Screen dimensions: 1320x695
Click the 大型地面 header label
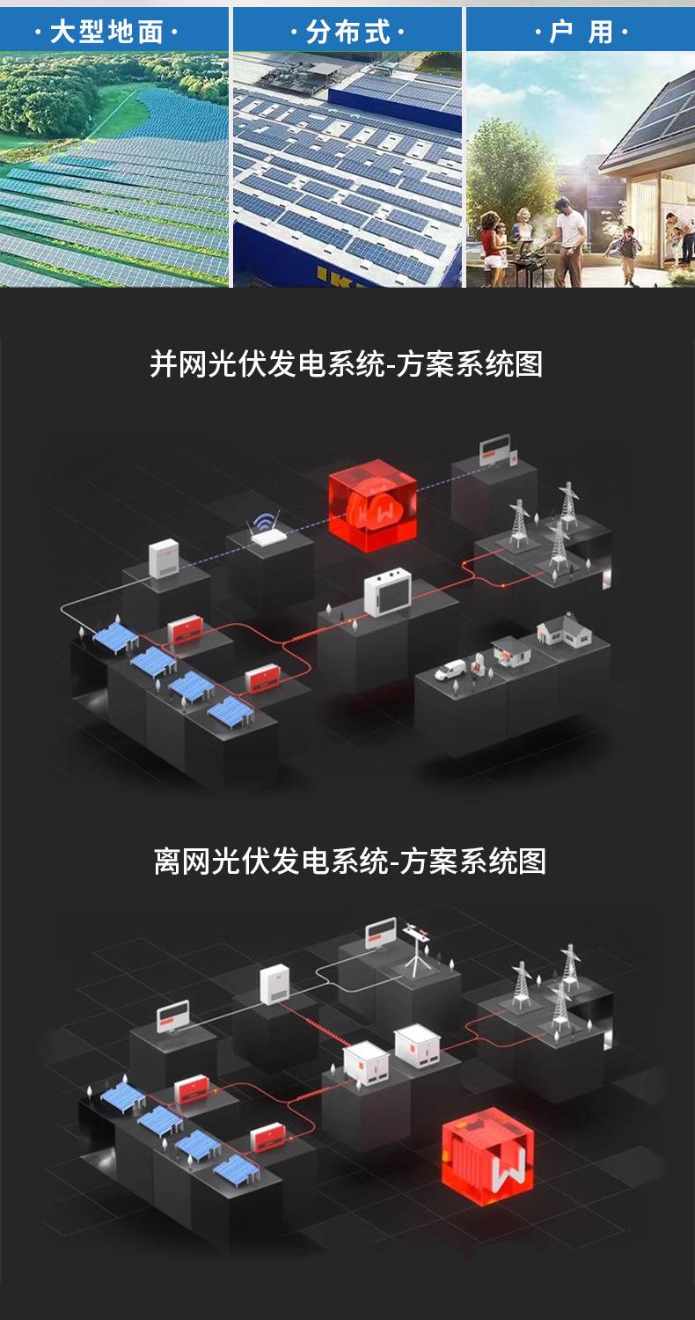[106, 33]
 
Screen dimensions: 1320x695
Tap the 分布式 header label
[347, 33]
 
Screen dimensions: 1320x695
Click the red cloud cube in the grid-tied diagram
[372, 508]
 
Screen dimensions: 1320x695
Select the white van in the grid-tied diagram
[451, 671]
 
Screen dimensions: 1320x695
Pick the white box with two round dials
[388, 592]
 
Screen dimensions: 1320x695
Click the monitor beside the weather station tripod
[381, 933]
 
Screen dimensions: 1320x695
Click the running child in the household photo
[628, 242]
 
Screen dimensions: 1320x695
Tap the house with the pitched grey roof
[563, 631]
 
